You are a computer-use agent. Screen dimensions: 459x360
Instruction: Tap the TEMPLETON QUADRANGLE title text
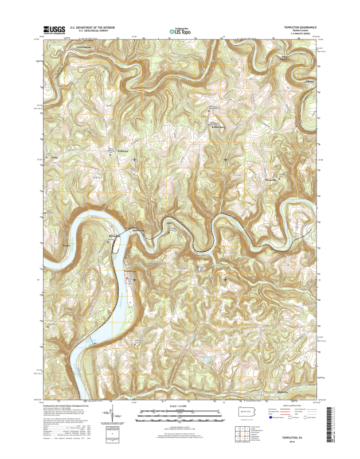point(297,26)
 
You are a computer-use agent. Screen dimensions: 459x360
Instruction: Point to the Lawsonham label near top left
point(84,46)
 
